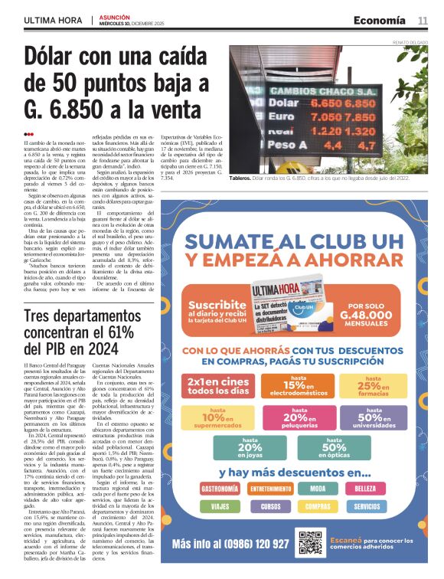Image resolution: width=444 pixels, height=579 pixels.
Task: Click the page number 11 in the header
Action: (x=422, y=20)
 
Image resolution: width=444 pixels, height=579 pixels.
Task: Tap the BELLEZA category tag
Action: (x=387, y=487)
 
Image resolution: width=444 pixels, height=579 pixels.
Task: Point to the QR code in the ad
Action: (x=311, y=542)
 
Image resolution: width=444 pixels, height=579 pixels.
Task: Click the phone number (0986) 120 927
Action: (x=233, y=543)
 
